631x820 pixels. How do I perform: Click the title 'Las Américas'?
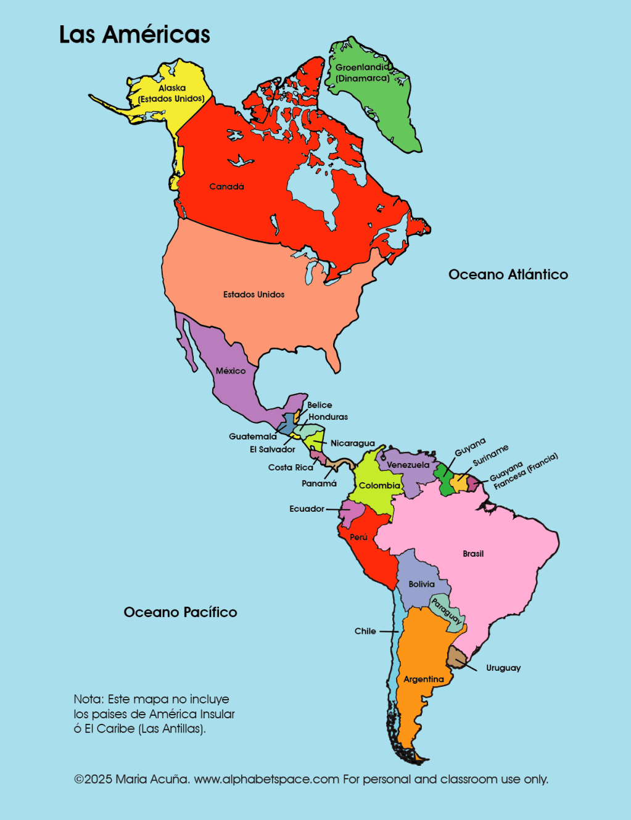[134, 35]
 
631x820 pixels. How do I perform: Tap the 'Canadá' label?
[226, 186]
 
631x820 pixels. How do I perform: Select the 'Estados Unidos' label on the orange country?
[254, 294]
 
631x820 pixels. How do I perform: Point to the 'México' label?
[231, 371]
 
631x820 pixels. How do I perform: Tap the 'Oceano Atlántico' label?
[508, 274]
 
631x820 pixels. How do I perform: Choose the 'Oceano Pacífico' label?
[180, 612]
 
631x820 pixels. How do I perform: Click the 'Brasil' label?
[473, 554]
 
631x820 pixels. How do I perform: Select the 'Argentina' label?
[424, 679]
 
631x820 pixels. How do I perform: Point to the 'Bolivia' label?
[421, 584]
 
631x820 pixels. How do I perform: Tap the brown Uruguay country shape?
[456, 657]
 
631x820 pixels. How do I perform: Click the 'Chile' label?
[365, 631]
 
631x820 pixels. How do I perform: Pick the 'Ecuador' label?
[307, 509]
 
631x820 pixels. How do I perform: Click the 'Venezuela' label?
[408, 465]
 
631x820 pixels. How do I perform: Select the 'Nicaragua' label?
[352, 443]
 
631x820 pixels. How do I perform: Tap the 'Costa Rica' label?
[291, 467]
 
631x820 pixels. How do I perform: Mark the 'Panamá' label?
[319, 483]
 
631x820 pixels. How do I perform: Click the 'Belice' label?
[320, 405]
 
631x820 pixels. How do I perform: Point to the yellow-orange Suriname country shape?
[460, 483]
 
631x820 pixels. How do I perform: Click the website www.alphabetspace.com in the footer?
[266, 779]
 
